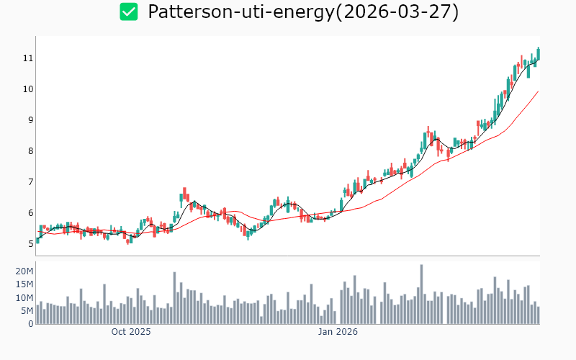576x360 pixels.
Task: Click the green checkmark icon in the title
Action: coord(129,12)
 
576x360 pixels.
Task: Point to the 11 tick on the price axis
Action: coord(28,58)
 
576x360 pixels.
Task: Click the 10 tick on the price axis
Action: coord(28,89)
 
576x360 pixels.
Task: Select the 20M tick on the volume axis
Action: coord(24,271)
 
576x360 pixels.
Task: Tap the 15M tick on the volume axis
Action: coord(24,284)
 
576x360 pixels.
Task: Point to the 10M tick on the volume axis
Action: coord(24,298)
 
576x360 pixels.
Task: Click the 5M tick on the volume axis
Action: coord(27,311)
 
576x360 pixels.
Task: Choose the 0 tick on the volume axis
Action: coord(30,324)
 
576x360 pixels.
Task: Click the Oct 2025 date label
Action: coord(131,333)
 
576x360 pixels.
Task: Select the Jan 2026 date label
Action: coord(338,333)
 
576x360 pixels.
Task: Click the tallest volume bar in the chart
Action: coord(421,294)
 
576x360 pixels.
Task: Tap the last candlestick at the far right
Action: coord(538,54)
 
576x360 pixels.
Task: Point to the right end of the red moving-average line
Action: coord(539,91)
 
